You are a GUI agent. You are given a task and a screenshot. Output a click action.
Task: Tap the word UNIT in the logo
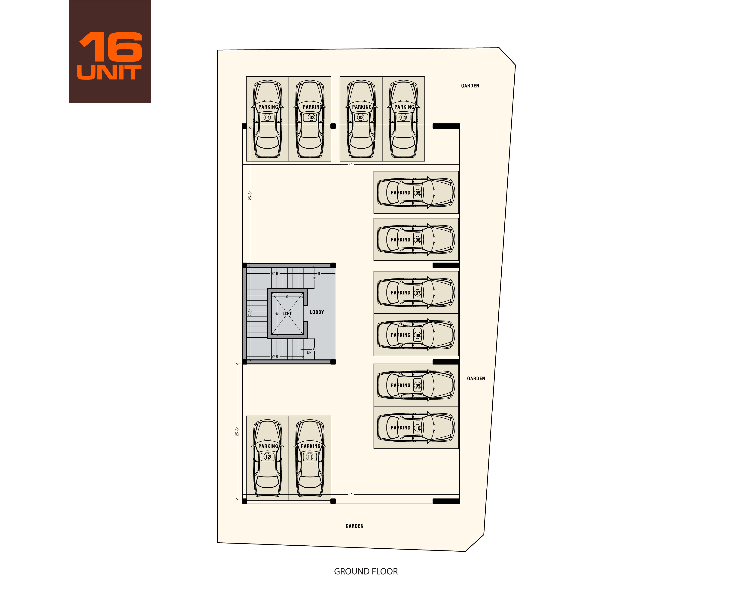(x=109, y=73)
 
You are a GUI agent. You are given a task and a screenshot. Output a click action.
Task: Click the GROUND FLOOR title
(x=366, y=571)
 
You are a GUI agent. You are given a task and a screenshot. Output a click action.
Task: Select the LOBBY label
(x=317, y=312)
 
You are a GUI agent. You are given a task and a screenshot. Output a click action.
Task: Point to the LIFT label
(x=287, y=314)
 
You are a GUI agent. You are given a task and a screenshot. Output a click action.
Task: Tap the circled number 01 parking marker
(x=267, y=118)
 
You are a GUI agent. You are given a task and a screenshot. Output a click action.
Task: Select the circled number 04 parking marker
(x=403, y=118)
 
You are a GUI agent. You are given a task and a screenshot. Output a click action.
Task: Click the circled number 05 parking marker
(x=418, y=193)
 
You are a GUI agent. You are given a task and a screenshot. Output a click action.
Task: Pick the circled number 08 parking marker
(x=418, y=335)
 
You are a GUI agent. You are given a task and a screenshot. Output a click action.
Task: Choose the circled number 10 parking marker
(x=418, y=428)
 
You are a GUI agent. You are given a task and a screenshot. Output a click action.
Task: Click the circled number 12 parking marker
(x=267, y=457)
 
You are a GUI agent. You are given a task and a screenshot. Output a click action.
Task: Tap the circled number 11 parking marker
(x=310, y=457)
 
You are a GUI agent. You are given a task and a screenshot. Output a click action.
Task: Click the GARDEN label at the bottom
(x=354, y=526)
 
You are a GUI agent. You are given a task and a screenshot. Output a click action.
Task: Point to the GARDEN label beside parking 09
(x=476, y=379)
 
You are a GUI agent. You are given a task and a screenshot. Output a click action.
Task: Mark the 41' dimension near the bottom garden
(x=351, y=495)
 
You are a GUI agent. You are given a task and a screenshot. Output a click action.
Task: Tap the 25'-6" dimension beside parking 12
(x=237, y=432)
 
